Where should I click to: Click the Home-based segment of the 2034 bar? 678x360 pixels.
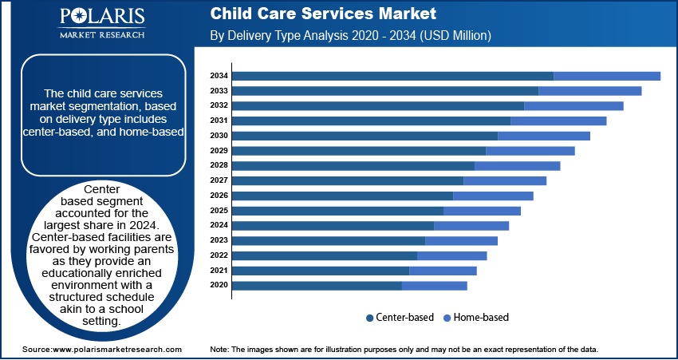pos(606,76)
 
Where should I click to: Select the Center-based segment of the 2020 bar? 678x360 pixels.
pos(317,285)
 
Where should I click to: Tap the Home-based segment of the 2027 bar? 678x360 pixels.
pos(504,180)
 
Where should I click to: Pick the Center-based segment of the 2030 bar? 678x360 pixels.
pos(365,136)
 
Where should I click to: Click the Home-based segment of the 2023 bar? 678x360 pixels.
pos(461,240)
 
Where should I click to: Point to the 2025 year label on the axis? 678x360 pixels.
pos(219,211)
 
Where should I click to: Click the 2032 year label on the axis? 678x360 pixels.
pos(219,105)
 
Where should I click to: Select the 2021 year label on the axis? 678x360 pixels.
pos(219,271)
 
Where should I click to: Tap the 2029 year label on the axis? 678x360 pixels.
pos(219,151)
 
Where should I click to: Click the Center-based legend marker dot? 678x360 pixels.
pos(370,318)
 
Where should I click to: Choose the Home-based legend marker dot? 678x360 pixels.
pos(447,318)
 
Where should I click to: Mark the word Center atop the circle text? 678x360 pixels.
pos(102,189)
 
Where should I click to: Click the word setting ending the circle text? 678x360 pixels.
pos(101,321)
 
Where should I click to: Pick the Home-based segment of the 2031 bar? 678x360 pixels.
pos(558,121)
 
